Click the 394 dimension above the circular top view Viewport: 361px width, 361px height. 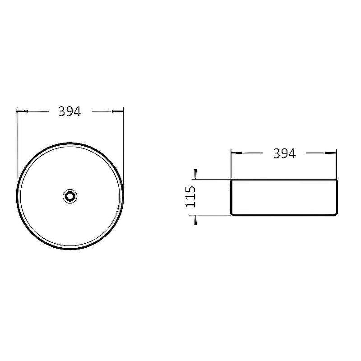(x=69, y=111)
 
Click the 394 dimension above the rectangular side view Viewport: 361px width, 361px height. (x=284, y=153)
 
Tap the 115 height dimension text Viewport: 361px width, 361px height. (x=190, y=197)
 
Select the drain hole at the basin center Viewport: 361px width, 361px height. (x=70, y=196)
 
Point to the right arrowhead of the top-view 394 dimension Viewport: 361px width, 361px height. (x=118, y=111)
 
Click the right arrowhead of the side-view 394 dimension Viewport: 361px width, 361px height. (x=331, y=153)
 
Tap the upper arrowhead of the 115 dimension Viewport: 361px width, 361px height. (x=195, y=174)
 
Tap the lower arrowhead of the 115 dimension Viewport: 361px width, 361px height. (x=195, y=220)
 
